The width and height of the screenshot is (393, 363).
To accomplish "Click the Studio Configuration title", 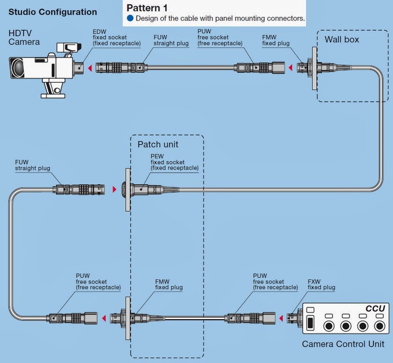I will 53,12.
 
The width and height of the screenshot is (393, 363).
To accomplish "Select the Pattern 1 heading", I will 147,8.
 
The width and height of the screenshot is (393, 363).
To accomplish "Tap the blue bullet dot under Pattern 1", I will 130,19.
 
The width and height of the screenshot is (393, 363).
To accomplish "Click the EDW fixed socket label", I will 117,37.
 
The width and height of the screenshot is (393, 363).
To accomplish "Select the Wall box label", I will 342,39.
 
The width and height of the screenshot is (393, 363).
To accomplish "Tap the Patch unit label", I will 158,143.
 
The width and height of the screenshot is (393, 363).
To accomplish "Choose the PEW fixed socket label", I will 174,162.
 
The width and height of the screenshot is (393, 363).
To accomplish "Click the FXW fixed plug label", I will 321,284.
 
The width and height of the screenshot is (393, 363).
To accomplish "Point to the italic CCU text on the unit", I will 375,309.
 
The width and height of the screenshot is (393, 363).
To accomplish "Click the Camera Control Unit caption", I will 343,344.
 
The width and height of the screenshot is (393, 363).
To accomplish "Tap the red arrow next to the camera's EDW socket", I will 90,67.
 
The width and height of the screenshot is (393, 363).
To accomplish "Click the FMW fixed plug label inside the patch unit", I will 169,284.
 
